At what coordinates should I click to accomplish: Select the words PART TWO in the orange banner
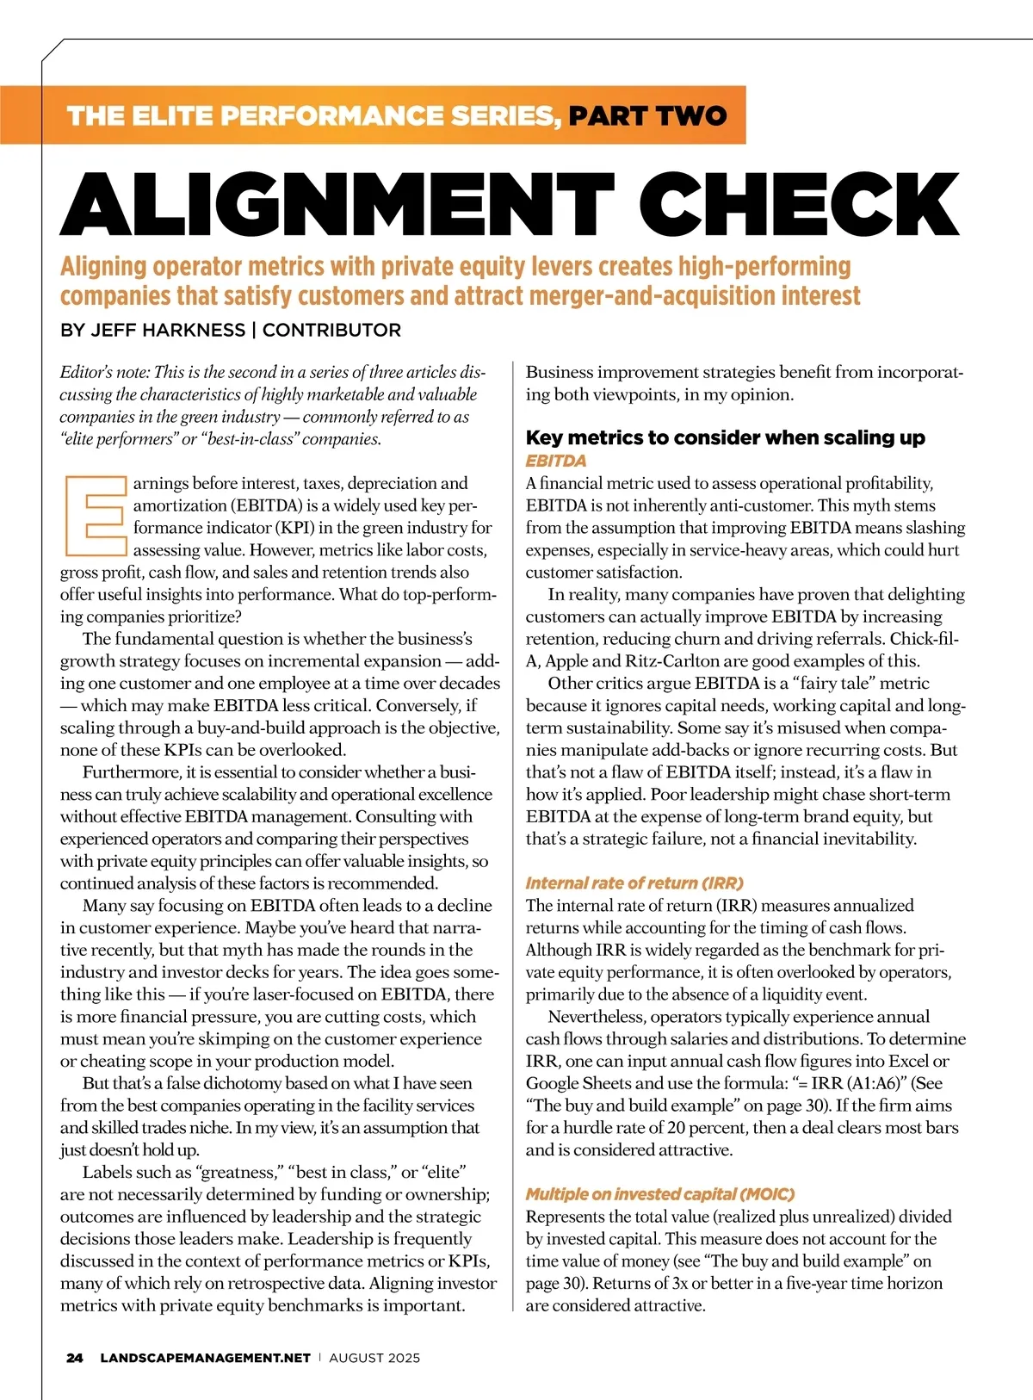point(647,115)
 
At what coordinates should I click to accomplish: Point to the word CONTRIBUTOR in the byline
point(331,330)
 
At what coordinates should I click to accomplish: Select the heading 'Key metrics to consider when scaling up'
point(725,437)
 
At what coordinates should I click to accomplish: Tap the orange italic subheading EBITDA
point(555,461)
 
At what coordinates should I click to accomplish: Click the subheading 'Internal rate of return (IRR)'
point(634,883)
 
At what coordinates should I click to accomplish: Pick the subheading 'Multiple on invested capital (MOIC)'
point(660,1193)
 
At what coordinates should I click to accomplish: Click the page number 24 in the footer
point(75,1358)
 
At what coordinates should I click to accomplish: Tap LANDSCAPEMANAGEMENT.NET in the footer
point(205,1358)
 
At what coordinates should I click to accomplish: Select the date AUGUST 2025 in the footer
point(374,1358)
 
